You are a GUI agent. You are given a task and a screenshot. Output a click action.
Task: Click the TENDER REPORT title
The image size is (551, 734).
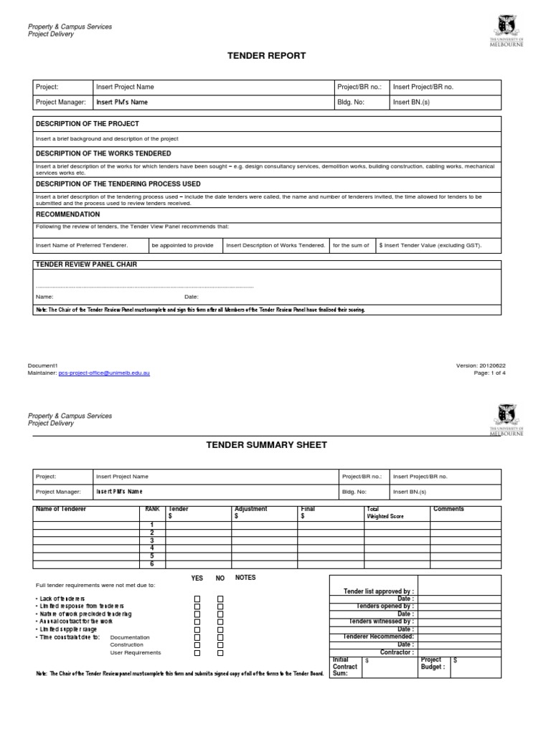pos(266,56)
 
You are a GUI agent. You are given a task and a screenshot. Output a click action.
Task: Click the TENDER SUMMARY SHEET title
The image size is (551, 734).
pos(266,445)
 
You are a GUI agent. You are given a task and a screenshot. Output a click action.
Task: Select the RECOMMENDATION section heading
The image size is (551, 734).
pos(68,214)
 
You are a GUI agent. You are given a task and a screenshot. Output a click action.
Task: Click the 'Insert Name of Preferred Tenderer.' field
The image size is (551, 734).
pos(82,246)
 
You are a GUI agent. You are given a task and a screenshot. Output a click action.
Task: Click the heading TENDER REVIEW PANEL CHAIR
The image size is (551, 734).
pos(86,264)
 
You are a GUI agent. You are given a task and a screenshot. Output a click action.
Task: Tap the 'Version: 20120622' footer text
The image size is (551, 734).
pos(486,366)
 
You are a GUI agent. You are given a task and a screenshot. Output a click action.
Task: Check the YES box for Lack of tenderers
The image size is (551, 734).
pos(197,599)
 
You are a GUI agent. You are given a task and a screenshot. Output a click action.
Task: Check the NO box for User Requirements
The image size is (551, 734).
pos(221,654)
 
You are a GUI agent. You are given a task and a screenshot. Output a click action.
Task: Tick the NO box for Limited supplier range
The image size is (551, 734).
pos(221,629)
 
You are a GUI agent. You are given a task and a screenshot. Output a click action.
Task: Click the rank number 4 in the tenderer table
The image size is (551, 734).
pos(151,548)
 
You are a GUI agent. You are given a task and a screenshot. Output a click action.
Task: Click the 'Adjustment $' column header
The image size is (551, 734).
pos(250,513)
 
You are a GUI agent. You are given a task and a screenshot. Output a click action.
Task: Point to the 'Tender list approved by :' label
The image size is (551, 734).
pos(379,591)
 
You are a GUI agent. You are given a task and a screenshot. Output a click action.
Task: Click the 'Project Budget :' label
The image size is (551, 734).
pos(433,664)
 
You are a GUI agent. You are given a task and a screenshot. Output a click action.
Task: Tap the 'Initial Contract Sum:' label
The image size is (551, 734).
pos(345,667)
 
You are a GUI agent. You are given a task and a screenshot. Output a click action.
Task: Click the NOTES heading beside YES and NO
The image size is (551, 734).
pos(245,578)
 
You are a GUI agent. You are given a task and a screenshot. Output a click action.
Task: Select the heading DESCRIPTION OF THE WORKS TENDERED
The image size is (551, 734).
pos(103,153)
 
